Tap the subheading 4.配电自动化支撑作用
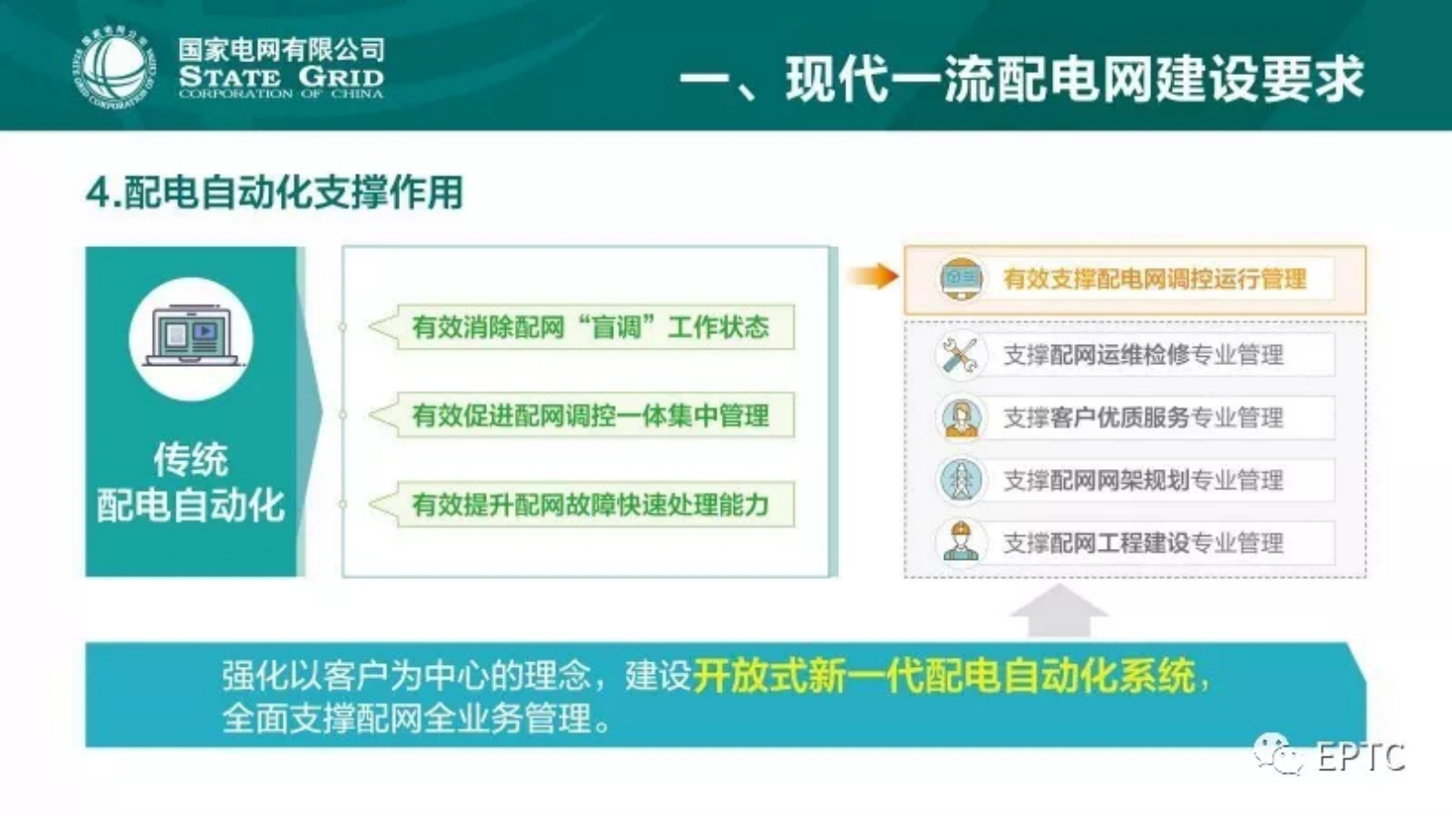[274, 192]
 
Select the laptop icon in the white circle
[190, 338]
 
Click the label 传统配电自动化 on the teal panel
[190, 482]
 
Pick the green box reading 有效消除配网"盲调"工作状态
[590, 327]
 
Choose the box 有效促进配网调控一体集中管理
[590, 416]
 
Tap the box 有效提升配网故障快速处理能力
[590, 505]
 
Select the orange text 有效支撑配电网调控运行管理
[1154, 279]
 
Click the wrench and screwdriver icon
[960, 356]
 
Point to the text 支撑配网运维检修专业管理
[1143, 355]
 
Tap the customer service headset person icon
[961, 418]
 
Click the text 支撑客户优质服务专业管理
[1143, 418]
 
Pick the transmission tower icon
[961, 480]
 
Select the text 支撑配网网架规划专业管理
[1143, 480]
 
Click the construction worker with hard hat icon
[961, 542]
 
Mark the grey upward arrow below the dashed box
[1059, 610]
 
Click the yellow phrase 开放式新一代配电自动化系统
[943, 676]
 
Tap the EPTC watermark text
[1360, 757]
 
